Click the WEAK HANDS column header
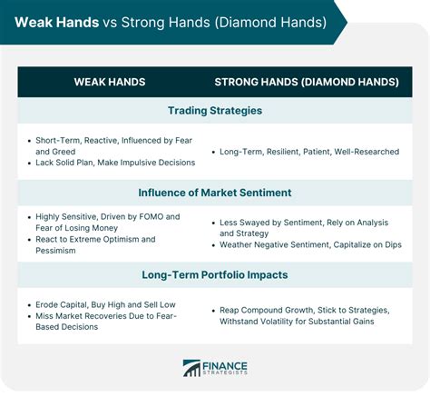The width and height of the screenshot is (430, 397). tap(110, 83)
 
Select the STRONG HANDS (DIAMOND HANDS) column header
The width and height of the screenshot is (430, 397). tap(307, 83)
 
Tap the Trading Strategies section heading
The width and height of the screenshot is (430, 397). tap(215, 111)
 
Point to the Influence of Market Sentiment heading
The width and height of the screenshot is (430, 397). tap(215, 193)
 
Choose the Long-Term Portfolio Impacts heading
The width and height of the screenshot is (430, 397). tap(215, 274)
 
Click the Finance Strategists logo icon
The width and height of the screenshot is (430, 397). tap(192, 368)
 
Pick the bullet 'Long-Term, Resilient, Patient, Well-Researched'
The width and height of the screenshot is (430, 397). tap(309, 152)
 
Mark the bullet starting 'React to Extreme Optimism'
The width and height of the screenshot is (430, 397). tap(95, 244)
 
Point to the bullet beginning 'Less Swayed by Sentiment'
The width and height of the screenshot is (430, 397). tap(308, 227)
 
